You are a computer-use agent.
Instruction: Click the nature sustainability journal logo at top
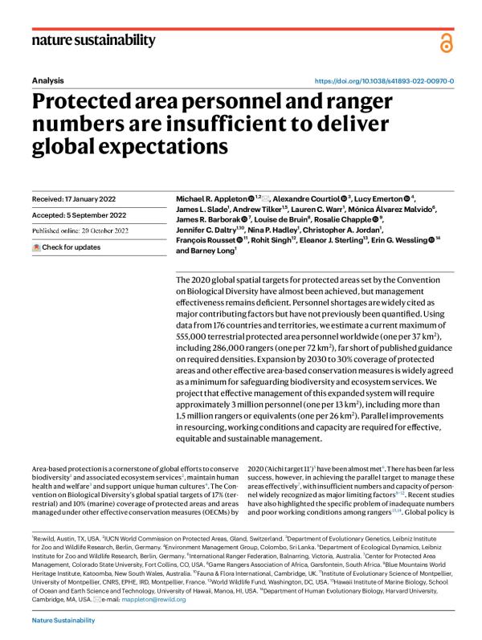pyautogui.click(x=94, y=41)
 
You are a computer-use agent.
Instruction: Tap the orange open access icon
pyautogui.click(x=446, y=44)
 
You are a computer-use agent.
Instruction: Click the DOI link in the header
pyautogui.click(x=384, y=81)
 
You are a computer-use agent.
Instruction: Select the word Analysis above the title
pyautogui.click(x=47, y=81)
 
